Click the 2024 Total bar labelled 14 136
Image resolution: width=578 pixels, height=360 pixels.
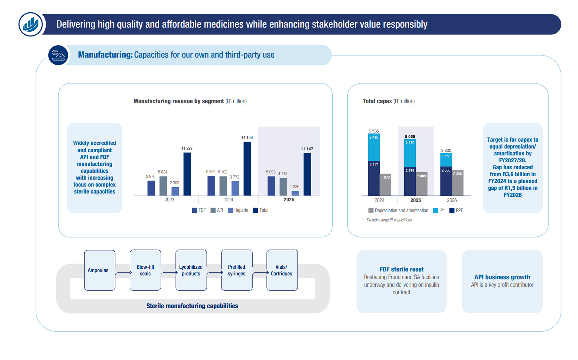click(247, 168)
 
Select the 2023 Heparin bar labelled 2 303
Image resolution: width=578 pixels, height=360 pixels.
click(175, 191)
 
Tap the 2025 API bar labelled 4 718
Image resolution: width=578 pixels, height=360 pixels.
click(283, 186)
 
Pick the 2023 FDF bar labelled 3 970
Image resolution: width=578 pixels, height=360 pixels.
click(151, 188)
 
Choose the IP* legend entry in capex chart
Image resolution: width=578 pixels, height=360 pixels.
click(439, 211)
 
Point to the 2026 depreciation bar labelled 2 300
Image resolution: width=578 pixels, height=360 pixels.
click(458, 183)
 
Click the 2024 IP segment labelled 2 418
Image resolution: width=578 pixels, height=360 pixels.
click(374, 147)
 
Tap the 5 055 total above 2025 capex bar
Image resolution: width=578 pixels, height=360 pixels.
click(410, 136)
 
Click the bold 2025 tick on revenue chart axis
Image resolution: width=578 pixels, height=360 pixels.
click(289, 200)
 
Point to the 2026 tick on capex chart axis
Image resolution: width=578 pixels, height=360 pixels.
click(452, 200)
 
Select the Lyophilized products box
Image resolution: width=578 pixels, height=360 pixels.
click(191, 270)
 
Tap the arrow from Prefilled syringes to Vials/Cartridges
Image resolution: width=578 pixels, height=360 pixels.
click(260, 273)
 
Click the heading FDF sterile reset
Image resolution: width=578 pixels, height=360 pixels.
click(401, 269)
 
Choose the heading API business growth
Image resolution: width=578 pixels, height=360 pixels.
click(502, 277)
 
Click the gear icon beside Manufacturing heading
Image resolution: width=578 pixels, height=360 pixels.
click(58, 55)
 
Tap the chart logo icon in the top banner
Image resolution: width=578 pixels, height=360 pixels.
click(31, 24)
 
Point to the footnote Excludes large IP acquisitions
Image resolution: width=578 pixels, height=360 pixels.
click(389, 220)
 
